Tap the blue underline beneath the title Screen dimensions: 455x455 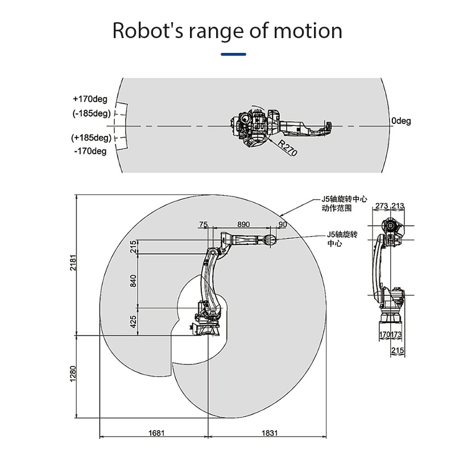click(233, 55)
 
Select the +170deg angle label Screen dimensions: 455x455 click(90, 100)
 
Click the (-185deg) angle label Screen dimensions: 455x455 click(91, 113)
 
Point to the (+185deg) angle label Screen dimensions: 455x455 click(90, 138)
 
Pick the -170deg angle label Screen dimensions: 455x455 click(90, 151)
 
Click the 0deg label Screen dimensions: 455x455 click(400, 121)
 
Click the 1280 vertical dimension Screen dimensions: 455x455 click(72, 374)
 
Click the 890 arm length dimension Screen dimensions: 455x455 click(243, 225)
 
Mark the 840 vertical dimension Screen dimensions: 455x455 click(134, 280)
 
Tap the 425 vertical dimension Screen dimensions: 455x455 click(134, 322)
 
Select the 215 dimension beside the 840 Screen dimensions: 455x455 click(134, 246)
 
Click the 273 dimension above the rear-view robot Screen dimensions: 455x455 click(382, 205)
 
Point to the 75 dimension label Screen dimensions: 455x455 click(204, 225)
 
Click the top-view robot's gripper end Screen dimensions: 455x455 click(327, 126)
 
